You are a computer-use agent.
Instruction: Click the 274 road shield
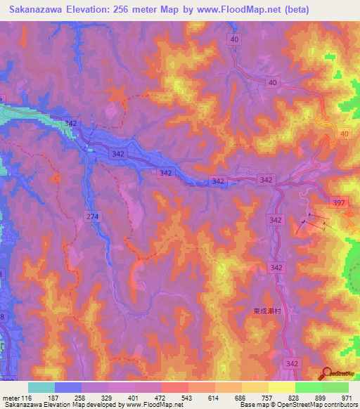(x=91, y=216)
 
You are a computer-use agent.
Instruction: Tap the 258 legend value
(x=82, y=398)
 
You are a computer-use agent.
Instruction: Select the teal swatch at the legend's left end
(x=41, y=387)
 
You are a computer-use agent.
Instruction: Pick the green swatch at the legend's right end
(x=335, y=387)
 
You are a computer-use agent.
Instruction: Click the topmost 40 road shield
(x=234, y=40)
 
